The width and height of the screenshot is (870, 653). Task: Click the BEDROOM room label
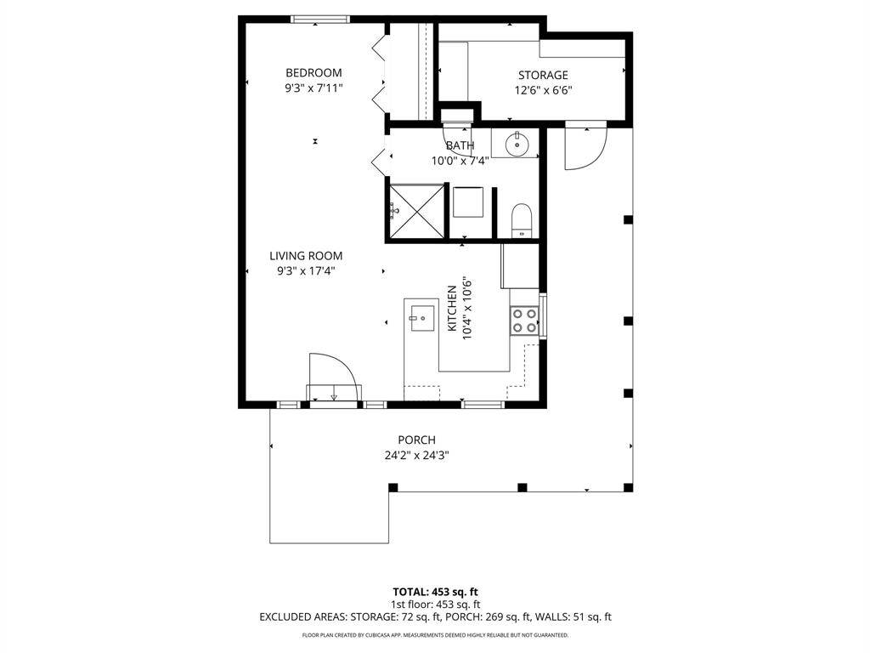[314, 73]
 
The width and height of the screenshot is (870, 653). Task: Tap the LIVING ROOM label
[306, 256]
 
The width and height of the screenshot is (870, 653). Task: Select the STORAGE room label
[543, 75]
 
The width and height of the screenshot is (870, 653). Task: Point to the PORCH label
[416, 440]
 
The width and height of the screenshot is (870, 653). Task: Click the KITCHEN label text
[452, 308]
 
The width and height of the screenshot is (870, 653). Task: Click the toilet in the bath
[522, 220]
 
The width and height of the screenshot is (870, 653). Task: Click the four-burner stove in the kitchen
[524, 321]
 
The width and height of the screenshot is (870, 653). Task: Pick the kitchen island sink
[421, 318]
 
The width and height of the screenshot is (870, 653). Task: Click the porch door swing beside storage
[585, 148]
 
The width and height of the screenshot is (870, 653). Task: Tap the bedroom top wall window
[320, 20]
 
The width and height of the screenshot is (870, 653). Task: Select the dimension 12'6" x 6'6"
[543, 90]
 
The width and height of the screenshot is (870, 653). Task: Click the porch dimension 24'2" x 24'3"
[416, 456]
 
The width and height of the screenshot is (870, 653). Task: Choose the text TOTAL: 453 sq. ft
[436, 592]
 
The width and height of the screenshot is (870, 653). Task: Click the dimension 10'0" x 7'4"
[460, 162]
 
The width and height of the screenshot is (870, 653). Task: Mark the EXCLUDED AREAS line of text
[436, 617]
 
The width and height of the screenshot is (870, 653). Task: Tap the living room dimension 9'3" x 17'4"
[306, 271]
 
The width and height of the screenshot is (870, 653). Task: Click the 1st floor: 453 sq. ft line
[436, 605]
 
